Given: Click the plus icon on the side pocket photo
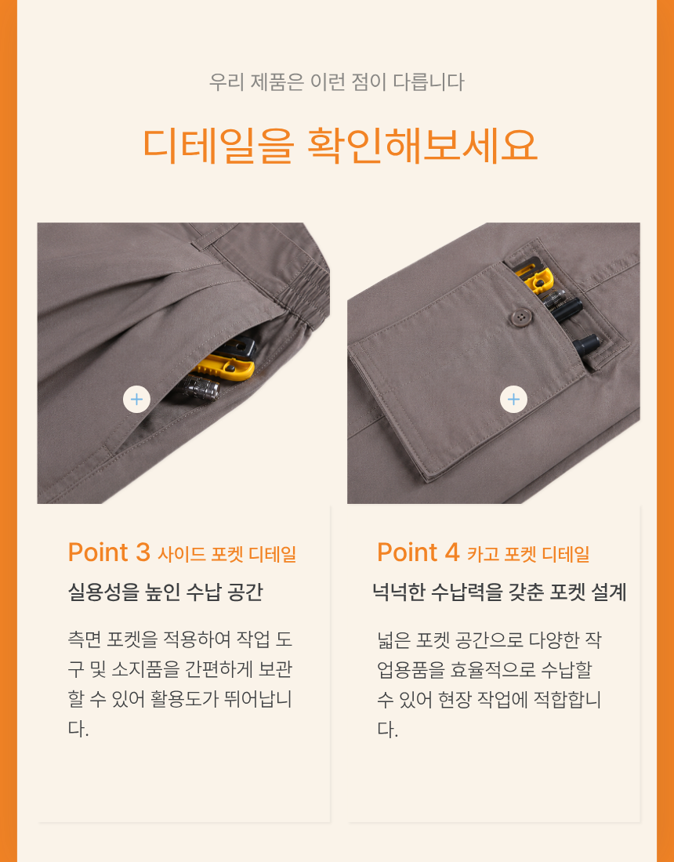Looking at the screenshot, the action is click(x=137, y=399).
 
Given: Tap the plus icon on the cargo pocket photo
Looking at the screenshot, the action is click(x=513, y=399).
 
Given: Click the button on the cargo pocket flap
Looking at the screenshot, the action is click(x=519, y=317).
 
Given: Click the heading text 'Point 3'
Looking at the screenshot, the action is click(x=109, y=552).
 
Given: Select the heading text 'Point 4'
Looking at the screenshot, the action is click(x=419, y=552).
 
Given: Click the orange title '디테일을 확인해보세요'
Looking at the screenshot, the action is click(x=340, y=146).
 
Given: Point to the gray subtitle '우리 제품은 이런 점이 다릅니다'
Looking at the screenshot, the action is click(x=336, y=82).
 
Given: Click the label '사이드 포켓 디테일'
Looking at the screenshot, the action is click(x=227, y=554).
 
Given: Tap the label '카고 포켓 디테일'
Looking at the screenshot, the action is click(x=528, y=554).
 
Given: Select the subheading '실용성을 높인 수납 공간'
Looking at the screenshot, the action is click(x=165, y=592).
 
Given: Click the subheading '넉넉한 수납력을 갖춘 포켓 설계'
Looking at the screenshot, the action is click(x=499, y=592).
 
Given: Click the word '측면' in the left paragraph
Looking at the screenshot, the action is click(x=84, y=640).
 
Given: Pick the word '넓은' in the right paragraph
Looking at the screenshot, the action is click(x=393, y=640).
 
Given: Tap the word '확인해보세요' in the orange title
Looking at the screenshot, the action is click(x=422, y=146).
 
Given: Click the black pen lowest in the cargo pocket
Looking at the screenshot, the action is click(x=587, y=343).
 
